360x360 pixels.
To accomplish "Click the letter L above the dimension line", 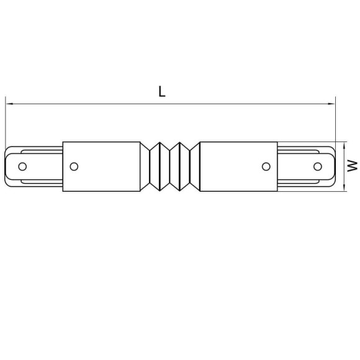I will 162,92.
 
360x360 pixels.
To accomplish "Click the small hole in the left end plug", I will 22,166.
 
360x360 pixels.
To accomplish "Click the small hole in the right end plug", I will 317,166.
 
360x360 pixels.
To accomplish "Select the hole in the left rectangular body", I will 74,166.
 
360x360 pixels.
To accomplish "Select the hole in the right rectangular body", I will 266,166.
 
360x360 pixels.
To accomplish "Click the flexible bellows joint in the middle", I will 169,166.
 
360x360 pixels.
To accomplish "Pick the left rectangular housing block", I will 102,166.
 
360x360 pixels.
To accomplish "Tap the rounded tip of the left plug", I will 7,166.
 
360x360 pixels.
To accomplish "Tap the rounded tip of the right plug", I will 333,166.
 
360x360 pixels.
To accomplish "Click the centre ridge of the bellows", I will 169,166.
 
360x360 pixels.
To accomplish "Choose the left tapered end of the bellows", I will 145,166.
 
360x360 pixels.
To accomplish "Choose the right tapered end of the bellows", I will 194,166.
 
